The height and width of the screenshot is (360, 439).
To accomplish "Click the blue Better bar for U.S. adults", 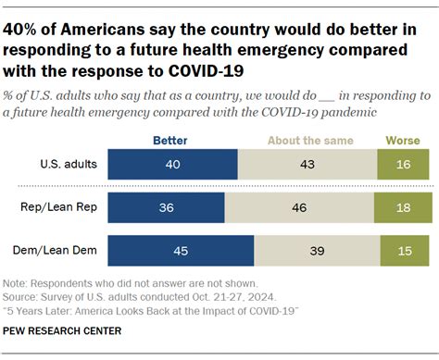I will (173, 163).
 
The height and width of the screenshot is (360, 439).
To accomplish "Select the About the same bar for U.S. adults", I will (307, 163).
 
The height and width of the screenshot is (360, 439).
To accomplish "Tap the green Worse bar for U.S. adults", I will (403, 163).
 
